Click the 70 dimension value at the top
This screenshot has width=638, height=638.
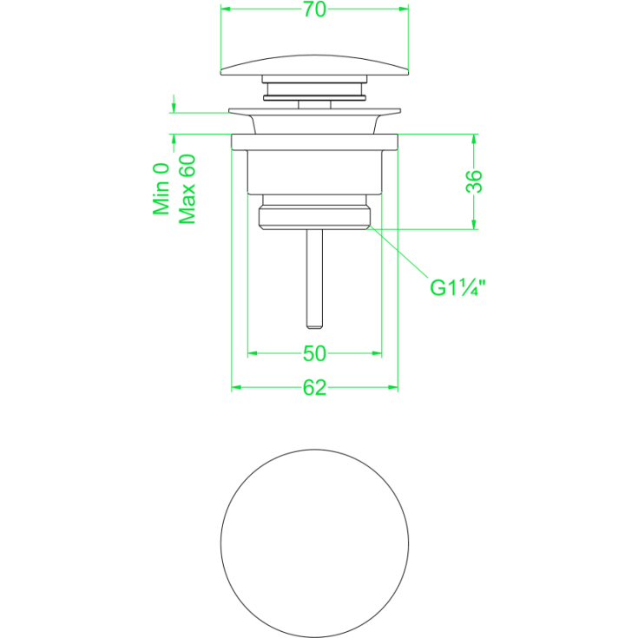[314, 10]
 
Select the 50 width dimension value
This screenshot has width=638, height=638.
[314, 353]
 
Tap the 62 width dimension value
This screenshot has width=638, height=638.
[314, 388]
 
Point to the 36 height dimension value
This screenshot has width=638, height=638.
[474, 181]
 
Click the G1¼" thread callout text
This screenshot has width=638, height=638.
[457, 287]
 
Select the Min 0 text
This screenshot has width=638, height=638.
[161, 189]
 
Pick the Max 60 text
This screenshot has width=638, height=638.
[187, 189]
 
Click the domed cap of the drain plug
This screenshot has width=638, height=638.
[314, 66]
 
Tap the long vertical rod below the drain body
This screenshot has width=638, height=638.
[314, 279]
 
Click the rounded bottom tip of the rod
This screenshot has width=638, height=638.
[314, 326]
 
